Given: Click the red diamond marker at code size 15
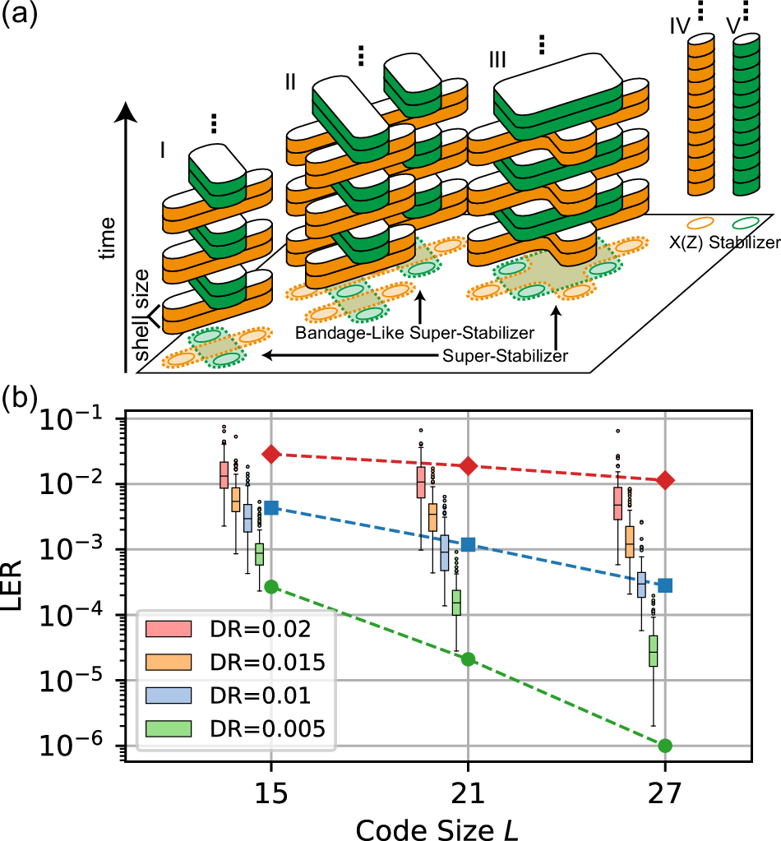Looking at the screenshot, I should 272,454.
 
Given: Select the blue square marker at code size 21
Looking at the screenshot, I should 469,544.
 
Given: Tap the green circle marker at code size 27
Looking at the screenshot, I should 665,746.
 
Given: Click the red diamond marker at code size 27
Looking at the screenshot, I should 665,480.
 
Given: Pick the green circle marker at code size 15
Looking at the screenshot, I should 272,586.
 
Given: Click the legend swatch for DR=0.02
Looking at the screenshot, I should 168,629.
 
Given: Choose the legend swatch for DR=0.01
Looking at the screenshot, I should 168,695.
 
